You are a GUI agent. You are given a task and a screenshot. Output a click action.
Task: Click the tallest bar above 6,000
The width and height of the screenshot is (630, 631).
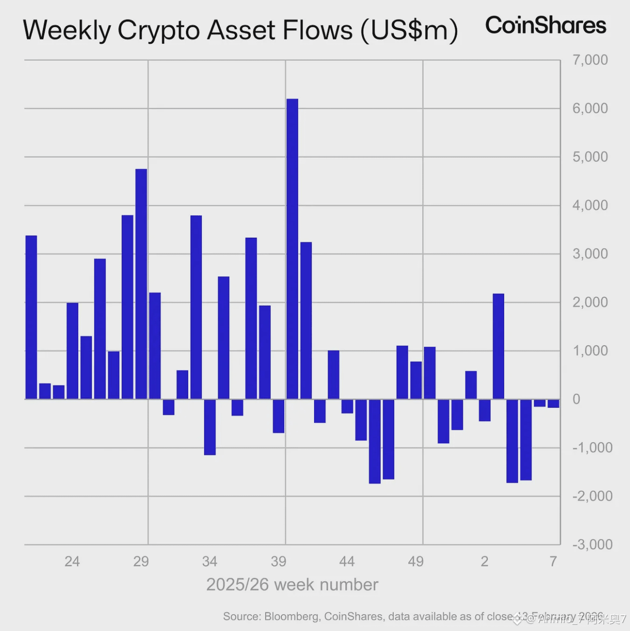292,249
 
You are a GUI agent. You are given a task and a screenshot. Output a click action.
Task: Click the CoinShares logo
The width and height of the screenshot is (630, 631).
545,26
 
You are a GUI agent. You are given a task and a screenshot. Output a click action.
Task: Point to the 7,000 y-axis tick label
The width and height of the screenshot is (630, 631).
590,60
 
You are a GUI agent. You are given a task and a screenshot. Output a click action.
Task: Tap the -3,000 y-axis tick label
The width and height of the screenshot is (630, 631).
592,544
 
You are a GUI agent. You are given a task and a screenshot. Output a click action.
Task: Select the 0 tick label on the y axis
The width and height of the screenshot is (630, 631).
576,399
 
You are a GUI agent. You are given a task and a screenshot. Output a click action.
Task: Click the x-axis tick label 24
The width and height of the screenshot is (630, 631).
72,562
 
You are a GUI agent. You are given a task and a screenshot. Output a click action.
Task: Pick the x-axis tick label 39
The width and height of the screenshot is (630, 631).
278,562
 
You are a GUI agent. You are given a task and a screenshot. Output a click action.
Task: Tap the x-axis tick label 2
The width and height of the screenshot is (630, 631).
485,562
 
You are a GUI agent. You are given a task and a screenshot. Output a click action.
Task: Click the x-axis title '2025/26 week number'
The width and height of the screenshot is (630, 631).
292,585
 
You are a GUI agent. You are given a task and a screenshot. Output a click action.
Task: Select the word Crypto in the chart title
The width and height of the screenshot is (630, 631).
159,30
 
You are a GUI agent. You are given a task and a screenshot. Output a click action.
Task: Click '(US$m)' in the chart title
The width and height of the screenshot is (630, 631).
409,30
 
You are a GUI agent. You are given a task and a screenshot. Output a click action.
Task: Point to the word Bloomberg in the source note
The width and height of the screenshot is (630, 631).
291,617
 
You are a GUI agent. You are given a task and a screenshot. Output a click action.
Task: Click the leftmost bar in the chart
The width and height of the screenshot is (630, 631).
31,317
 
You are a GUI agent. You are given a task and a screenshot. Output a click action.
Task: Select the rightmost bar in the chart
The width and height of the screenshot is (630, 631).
553,404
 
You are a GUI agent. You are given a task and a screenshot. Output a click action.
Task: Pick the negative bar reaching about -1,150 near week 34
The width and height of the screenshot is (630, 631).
210,427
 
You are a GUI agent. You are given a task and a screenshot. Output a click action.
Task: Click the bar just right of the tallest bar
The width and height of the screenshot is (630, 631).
306,321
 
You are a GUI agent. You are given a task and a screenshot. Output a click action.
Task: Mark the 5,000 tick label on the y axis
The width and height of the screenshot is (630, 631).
590,157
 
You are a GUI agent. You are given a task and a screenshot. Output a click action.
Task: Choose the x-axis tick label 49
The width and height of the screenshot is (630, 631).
416,562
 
